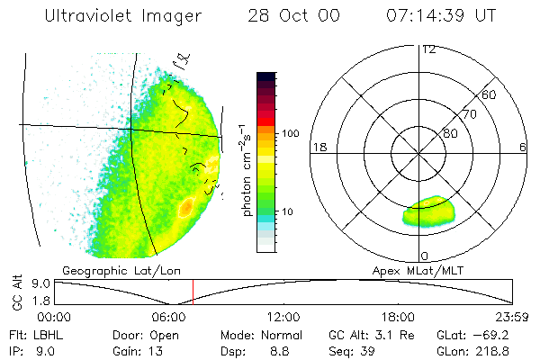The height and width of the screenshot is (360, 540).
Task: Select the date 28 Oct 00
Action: point(287,16)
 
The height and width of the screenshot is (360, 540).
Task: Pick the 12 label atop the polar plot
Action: point(428,49)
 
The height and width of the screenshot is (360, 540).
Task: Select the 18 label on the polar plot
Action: point(318,148)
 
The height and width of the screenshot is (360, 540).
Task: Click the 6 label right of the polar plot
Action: point(523,148)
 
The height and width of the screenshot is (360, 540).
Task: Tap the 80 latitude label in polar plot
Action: point(450,133)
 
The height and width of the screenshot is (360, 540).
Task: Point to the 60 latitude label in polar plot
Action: point(490,94)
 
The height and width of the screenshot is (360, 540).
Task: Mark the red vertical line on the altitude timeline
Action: point(193,292)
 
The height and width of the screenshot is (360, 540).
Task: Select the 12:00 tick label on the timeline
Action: point(284,317)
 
